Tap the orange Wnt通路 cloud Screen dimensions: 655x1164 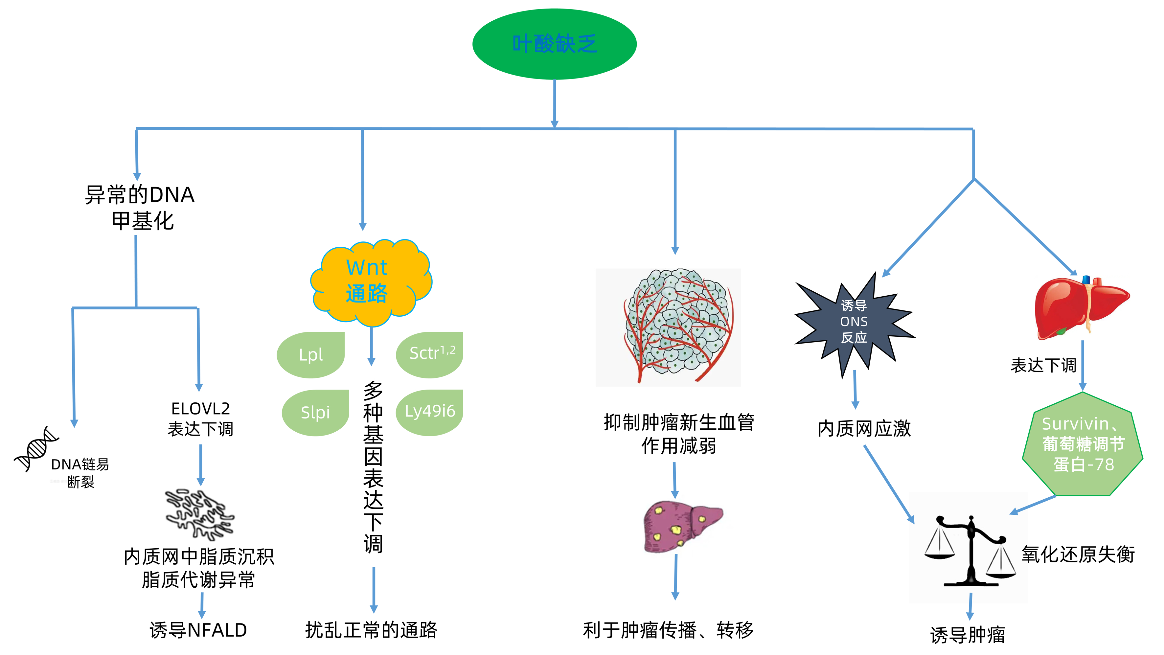371,282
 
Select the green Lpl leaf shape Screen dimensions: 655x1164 310,355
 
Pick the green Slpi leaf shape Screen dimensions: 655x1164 315,413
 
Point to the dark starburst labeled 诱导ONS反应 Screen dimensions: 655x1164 854,322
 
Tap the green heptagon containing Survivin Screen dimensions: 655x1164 1082,445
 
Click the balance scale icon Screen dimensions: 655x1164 969,551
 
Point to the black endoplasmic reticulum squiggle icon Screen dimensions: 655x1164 199,514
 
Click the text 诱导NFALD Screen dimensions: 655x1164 198,630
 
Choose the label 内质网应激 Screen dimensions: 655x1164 864,429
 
